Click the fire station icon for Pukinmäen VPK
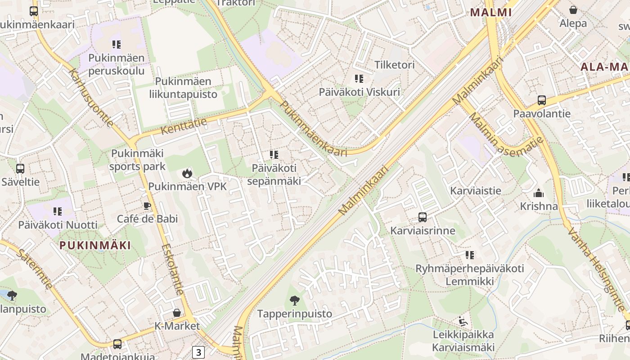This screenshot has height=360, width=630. point(187,173)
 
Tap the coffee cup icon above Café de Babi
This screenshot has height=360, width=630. point(147,206)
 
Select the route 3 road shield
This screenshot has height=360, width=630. point(198,352)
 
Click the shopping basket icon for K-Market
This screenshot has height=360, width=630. point(177,312)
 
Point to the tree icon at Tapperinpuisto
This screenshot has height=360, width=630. point(294,300)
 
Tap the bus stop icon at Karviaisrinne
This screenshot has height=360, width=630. point(423,217)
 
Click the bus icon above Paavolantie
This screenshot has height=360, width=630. point(542,100)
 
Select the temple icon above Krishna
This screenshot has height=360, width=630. point(539,193)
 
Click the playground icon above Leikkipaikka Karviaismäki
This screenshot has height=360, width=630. point(463,321)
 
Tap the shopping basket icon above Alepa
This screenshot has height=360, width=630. point(573,10)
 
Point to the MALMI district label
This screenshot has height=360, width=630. point(491,13)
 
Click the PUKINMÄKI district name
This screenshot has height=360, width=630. point(95,245)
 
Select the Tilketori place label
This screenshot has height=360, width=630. point(395,65)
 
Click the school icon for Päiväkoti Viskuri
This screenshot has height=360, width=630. point(359,79)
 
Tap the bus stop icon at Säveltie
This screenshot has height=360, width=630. point(20,169)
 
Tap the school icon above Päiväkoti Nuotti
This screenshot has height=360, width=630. point(57,211)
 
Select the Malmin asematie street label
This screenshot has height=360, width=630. point(506,135)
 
